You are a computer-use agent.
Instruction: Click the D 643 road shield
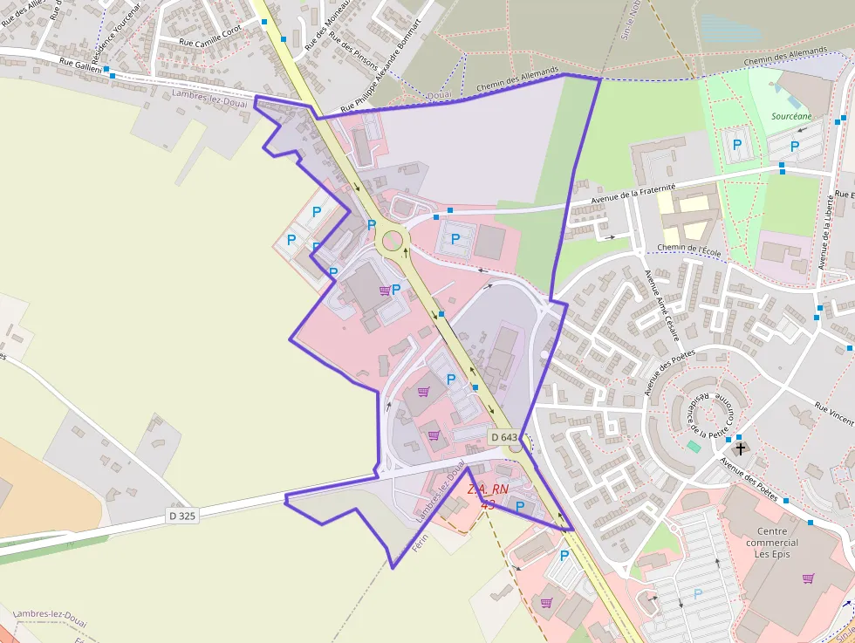pyautogui.click(x=504, y=437)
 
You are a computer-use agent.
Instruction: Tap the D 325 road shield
pyautogui.click(x=182, y=516)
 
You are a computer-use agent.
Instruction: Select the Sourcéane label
pyautogui.click(x=791, y=116)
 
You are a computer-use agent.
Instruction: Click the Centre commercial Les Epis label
pyautogui.click(x=772, y=543)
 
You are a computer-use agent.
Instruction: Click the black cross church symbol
pyautogui.click(x=741, y=449)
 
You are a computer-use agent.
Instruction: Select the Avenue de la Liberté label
pyautogui.click(x=824, y=230)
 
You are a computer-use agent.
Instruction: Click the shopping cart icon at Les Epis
pyautogui.click(x=808, y=578)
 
